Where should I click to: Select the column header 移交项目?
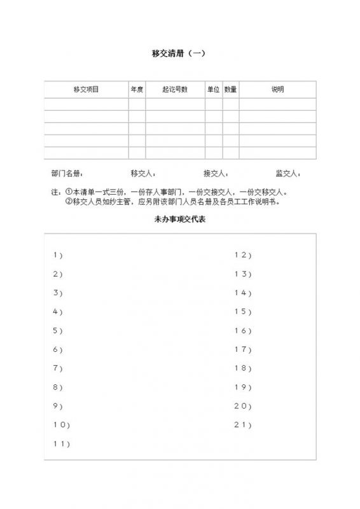point(86,90)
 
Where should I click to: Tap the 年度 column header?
point(137,90)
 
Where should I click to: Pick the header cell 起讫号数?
point(175,90)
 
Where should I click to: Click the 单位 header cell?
point(213,90)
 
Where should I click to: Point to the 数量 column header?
point(230,90)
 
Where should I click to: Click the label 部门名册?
point(66,173)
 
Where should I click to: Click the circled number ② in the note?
point(69,201)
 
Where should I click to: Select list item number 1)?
point(58,255)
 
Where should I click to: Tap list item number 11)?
point(61,443)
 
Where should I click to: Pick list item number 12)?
point(243,255)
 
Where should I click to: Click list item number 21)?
point(243,424)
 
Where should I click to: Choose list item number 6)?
point(58,349)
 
